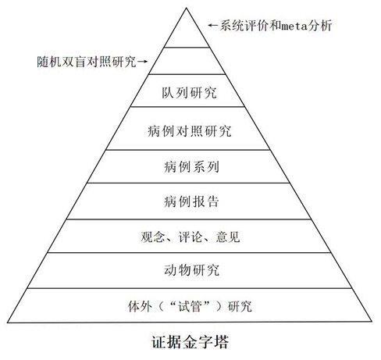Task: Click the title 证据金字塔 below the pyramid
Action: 190,342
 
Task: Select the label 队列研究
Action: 189,93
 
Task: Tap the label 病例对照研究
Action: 190,130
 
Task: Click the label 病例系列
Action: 191,166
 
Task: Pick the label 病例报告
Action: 191,201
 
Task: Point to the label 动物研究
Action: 191,270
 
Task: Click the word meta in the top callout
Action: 294,26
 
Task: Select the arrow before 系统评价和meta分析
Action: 213,25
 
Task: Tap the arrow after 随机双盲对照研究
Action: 142,62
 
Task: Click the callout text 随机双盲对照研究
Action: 87,62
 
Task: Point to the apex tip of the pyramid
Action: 187,8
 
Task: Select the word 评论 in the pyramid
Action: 190,237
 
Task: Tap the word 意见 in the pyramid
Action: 228,237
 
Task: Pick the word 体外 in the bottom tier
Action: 140,306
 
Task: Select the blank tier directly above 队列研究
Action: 187,61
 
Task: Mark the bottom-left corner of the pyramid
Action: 7,323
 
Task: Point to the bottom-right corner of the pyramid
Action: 372,321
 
